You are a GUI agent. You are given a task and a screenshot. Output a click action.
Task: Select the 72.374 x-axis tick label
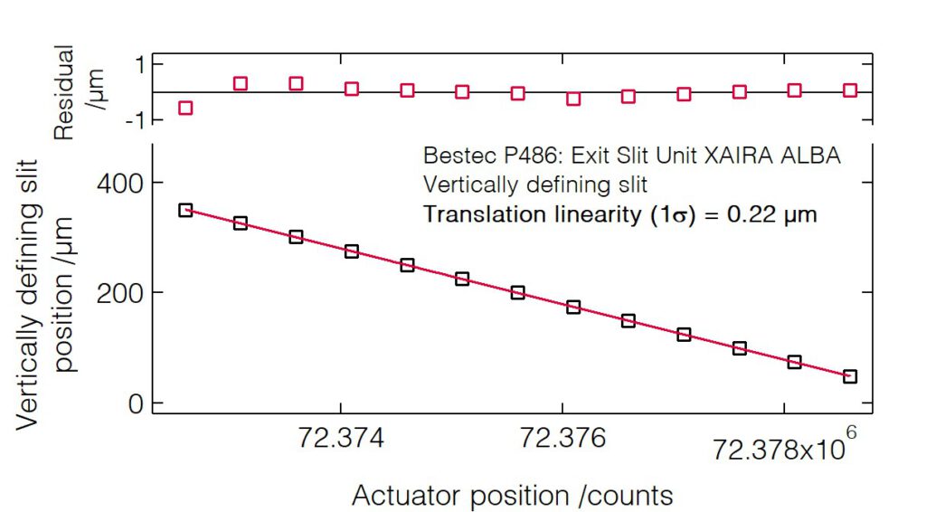pos(340,441)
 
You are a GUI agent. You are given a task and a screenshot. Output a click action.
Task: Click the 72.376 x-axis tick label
pos(562,441)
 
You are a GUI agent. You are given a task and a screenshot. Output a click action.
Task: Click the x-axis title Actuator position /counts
pos(512,495)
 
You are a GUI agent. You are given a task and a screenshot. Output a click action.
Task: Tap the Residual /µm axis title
pos(80,90)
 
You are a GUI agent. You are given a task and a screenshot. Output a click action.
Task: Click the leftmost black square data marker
pos(185,210)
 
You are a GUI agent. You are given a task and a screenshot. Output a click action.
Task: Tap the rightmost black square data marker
pos(850,376)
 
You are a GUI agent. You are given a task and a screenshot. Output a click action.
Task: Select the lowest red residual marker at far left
pos(185,108)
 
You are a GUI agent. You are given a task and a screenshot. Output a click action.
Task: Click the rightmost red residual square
pos(850,90)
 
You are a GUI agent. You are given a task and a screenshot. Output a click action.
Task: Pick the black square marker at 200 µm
pos(517,292)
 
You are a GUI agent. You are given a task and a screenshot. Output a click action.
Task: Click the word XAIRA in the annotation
pos(718,156)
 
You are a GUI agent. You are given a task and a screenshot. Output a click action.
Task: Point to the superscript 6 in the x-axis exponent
pos(850,432)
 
